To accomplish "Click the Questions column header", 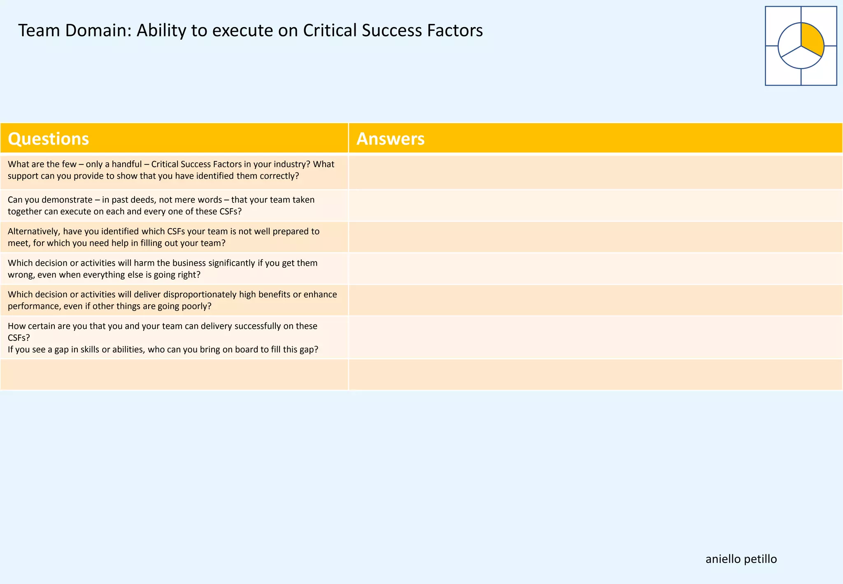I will [48, 139].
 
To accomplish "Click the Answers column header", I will [390, 139].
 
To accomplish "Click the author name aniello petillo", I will [741, 559].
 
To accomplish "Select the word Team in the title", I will [38, 30].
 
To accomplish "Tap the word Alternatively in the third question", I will [33, 231].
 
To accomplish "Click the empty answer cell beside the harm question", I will [595, 269].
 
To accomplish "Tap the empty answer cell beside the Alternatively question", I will [595, 237].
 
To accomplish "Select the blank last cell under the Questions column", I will [174, 374].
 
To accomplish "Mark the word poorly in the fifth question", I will [195, 306].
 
